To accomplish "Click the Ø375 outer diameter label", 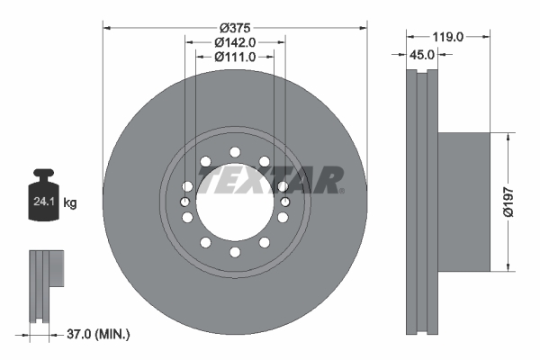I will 236,26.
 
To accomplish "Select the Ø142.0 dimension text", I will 236,41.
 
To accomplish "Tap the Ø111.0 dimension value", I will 236,57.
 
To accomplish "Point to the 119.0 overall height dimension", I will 447,37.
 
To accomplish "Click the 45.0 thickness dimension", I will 422,54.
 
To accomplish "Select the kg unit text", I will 70,203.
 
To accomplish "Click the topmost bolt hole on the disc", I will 236,151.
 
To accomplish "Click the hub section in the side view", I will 463,202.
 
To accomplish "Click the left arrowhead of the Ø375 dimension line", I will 108,26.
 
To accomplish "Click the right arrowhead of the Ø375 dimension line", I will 364,26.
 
